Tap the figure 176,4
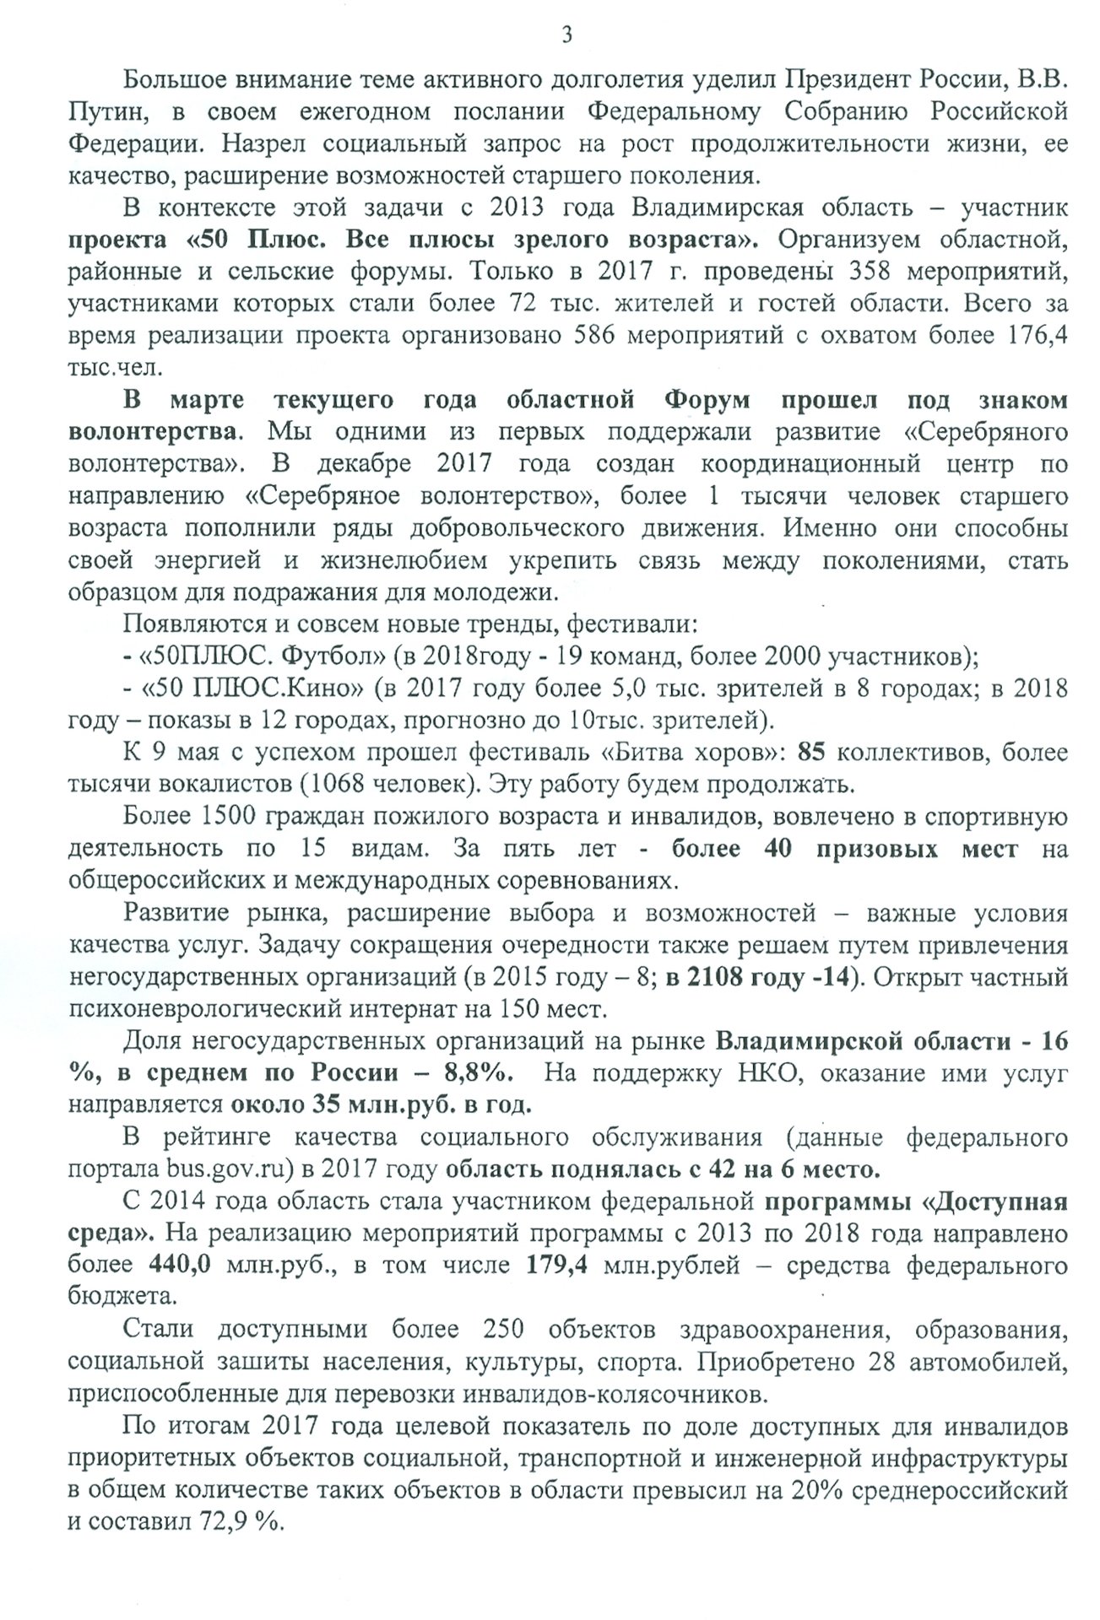click(1038, 336)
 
